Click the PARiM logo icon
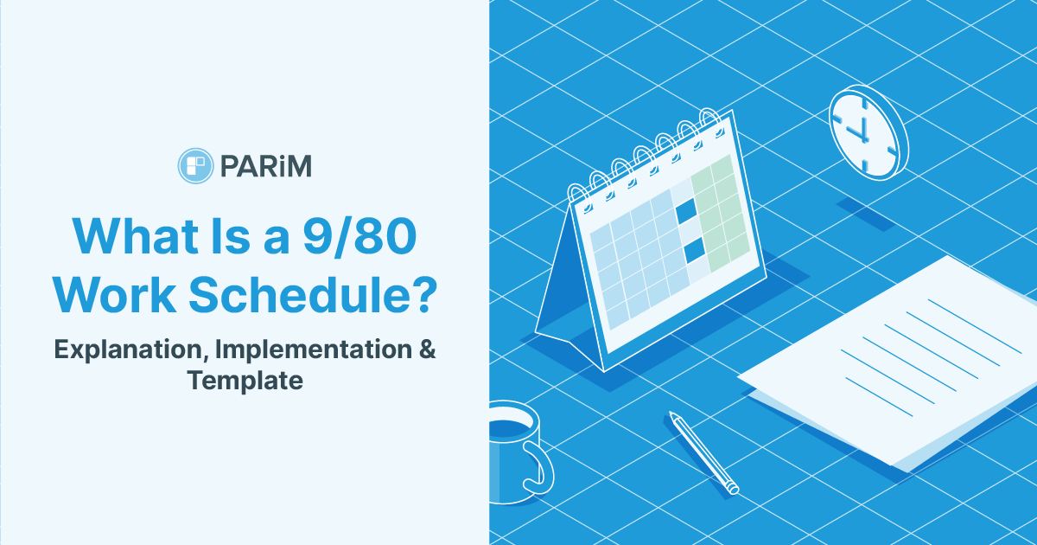point(194,165)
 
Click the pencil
point(703,453)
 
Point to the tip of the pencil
point(735,490)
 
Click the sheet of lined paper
point(899,363)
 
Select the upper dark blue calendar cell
point(685,210)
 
